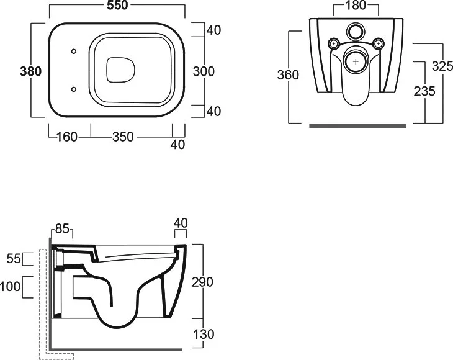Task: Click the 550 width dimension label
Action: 117,5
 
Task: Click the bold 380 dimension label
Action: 30,71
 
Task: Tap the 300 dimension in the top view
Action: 204,71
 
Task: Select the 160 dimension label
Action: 67,137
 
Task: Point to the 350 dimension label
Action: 123,137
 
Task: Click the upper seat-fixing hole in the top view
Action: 74,52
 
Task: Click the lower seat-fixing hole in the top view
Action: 74,89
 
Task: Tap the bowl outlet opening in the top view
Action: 121,70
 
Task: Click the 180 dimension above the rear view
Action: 356,5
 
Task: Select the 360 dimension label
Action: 288,75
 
